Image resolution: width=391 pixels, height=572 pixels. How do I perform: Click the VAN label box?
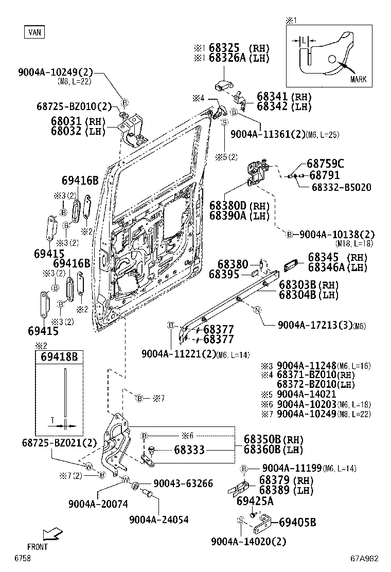(34, 32)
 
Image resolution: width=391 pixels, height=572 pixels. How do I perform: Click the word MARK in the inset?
(358, 79)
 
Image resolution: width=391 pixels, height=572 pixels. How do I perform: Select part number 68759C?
(326, 164)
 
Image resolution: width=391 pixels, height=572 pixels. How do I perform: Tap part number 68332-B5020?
(341, 187)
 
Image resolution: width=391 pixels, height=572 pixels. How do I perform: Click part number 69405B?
(297, 523)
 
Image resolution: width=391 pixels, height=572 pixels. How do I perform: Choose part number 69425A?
(255, 500)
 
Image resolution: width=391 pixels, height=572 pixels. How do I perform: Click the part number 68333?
(189, 450)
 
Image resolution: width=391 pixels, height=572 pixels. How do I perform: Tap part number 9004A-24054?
(158, 520)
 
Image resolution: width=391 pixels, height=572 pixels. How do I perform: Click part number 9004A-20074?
(98, 504)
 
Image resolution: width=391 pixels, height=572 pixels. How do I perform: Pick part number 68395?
(224, 275)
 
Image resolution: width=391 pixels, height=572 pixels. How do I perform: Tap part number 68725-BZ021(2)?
(59, 442)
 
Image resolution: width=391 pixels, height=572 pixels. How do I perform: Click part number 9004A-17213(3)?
(314, 325)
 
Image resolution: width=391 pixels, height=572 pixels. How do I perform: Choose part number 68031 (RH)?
(77, 121)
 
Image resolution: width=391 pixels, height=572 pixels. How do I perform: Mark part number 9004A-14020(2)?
(248, 541)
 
